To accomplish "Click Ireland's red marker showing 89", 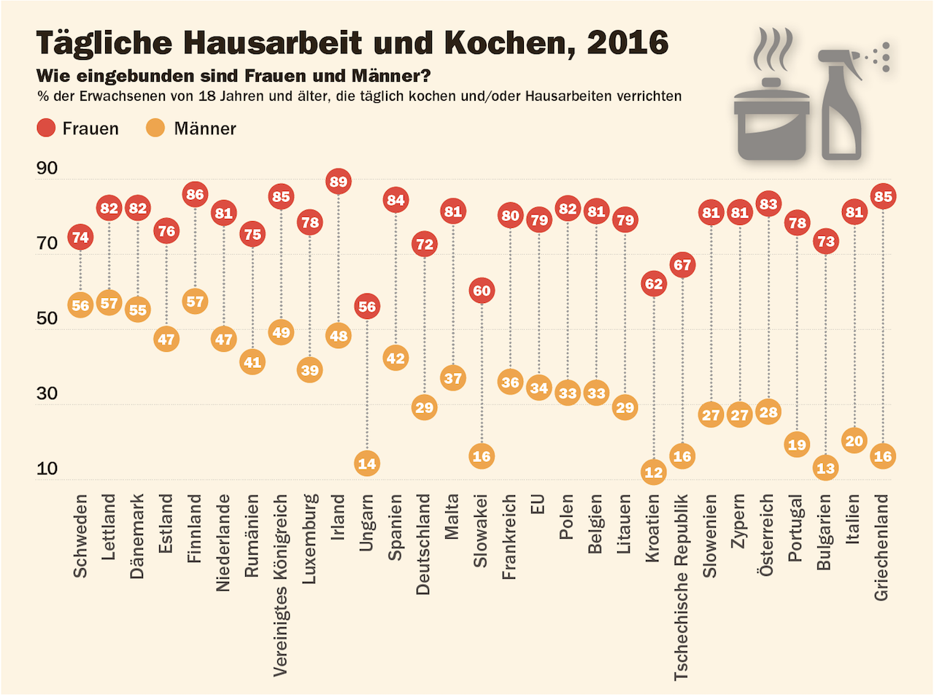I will [x=338, y=180].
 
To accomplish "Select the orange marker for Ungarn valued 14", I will [x=366, y=463].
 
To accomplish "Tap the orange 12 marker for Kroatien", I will [x=653, y=472].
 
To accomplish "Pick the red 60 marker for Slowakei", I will [x=481, y=291].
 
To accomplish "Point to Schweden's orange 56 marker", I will [x=80, y=306].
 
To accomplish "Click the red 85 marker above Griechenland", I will [x=883, y=196].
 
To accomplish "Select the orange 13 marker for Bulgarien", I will [x=825, y=469].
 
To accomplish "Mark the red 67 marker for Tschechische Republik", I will [x=682, y=264].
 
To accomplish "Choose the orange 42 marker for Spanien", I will [x=395, y=358].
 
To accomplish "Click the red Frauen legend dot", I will [x=47, y=129].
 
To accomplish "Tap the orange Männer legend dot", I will [x=158, y=129].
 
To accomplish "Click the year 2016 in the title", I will [x=627, y=44].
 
